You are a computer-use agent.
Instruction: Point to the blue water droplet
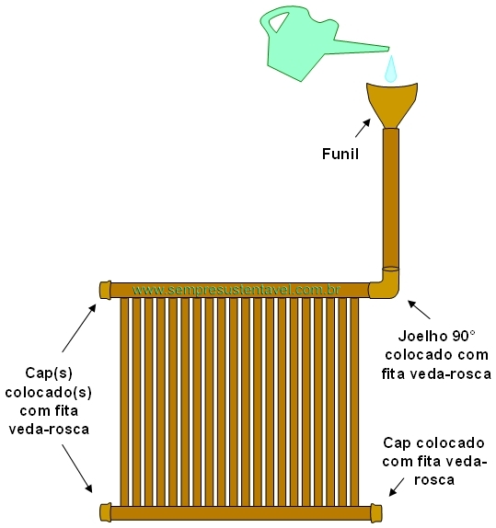pyautogui.click(x=391, y=69)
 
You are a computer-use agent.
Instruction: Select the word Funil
pyautogui.click(x=340, y=154)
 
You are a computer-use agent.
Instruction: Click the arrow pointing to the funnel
pyautogui.click(x=363, y=128)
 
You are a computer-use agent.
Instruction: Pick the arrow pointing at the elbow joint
pyautogui.click(x=419, y=309)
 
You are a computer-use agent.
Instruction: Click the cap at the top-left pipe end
pyautogui.click(x=106, y=290)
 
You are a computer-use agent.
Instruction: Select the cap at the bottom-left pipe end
pyautogui.click(x=106, y=513)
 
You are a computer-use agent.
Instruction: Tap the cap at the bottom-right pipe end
pyautogui.click(x=376, y=513)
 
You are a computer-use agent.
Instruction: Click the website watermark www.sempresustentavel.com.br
pyautogui.click(x=236, y=290)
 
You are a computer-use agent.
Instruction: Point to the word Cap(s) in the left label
pyautogui.click(x=49, y=373)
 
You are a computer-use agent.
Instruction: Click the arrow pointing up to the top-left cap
pyautogui.click(x=79, y=328)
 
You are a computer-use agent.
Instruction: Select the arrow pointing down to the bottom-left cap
pyautogui.click(x=77, y=468)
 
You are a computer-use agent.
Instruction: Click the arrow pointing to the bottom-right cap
pyautogui.click(x=397, y=487)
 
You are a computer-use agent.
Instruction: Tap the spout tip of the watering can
pyautogui.click(x=388, y=49)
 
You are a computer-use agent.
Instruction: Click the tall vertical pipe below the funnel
pyautogui.click(x=391, y=199)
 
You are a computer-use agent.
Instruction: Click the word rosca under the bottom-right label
pyautogui.click(x=434, y=480)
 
